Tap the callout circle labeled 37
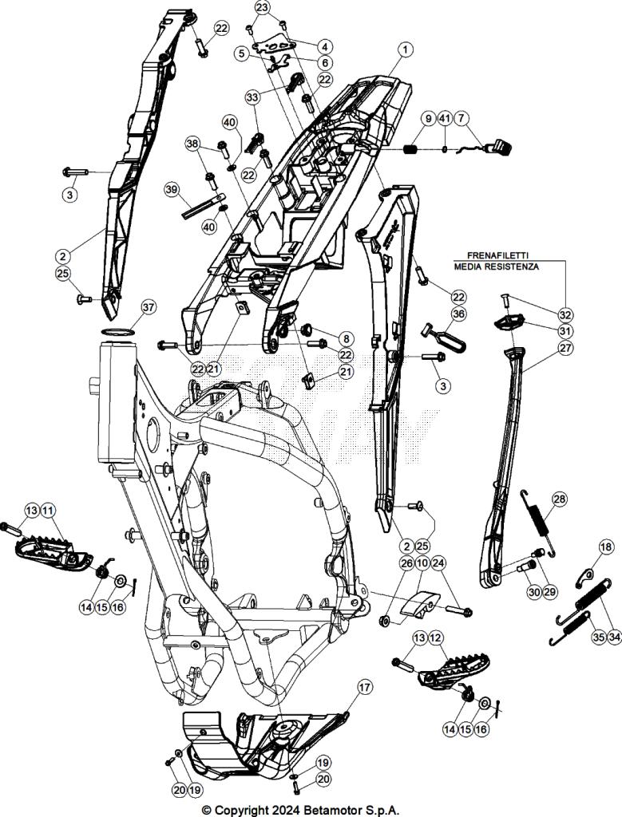(x=149, y=308)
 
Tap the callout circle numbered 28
(x=559, y=499)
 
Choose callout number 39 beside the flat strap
(x=171, y=189)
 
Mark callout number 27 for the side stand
(x=565, y=348)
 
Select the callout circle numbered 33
(x=252, y=97)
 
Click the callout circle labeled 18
(x=607, y=547)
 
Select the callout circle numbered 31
(x=565, y=331)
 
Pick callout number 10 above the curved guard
(x=422, y=563)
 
